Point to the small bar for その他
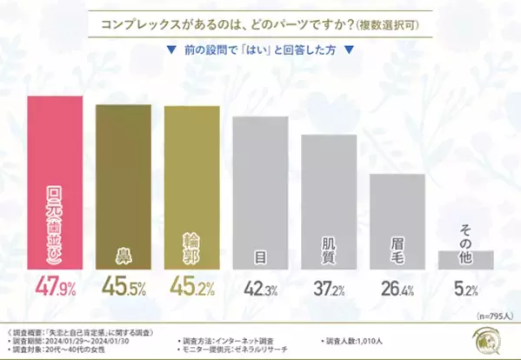tap(465, 258)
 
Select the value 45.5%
tap(124, 286)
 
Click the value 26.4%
tap(397, 286)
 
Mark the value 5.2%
tap(465, 286)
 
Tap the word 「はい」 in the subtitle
tap(260, 50)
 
